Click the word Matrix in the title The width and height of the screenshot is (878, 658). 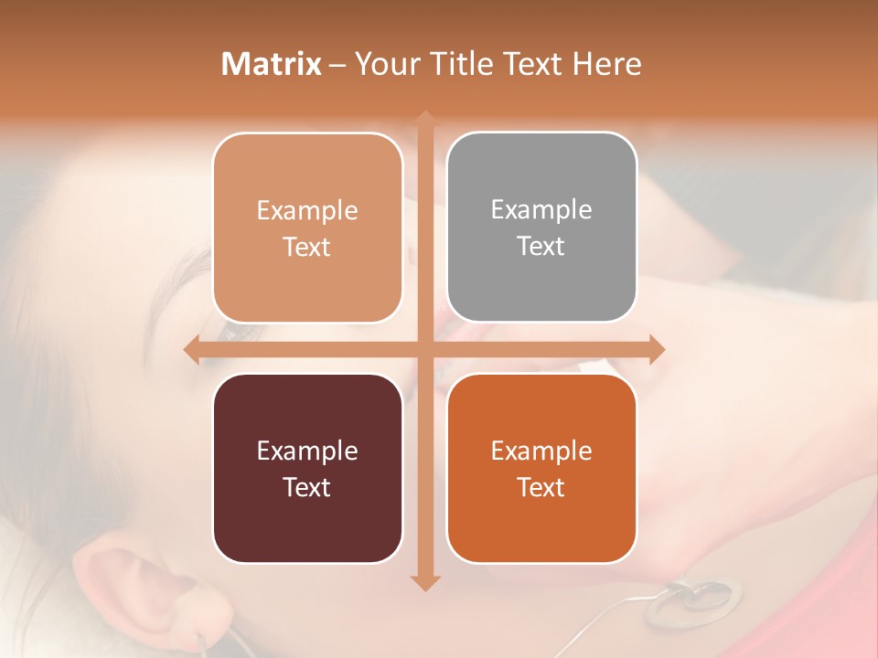(x=271, y=64)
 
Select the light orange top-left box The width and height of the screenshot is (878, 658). (x=307, y=228)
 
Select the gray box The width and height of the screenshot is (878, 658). (x=541, y=228)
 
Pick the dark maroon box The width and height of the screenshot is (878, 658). (x=307, y=468)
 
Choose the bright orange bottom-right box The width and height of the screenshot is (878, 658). (x=541, y=468)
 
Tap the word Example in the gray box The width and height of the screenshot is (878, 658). (x=541, y=209)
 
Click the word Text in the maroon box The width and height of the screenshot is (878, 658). (x=307, y=487)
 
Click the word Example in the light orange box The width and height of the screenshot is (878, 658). (x=307, y=210)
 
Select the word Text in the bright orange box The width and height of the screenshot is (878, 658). (x=541, y=487)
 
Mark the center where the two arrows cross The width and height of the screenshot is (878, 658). (x=425, y=349)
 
